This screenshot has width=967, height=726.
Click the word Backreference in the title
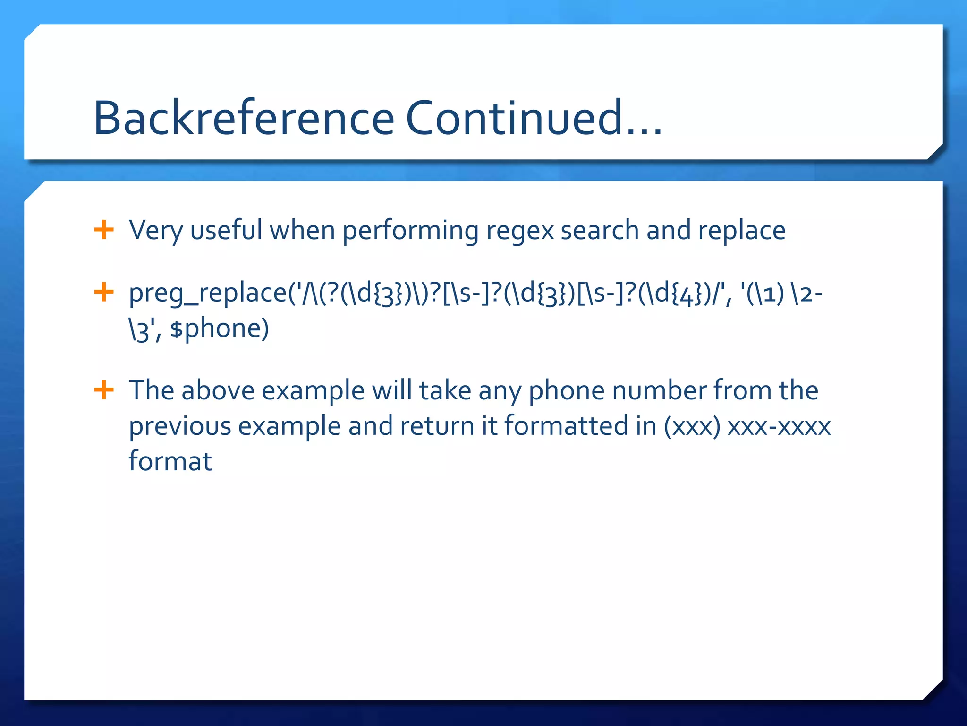click(x=244, y=118)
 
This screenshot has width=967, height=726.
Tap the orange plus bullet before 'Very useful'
click(x=104, y=230)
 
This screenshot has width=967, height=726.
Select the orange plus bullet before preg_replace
click(x=104, y=292)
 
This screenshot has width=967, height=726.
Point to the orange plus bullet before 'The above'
click(x=104, y=390)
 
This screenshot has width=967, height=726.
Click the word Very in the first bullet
click(x=156, y=231)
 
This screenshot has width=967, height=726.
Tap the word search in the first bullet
click(x=600, y=231)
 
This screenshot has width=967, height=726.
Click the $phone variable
click(x=220, y=329)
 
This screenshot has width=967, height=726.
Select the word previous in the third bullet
click(x=180, y=426)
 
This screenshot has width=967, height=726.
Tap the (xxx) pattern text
click(x=692, y=426)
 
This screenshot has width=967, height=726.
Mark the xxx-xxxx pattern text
click(x=779, y=426)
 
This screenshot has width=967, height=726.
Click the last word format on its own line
click(x=170, y=461)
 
